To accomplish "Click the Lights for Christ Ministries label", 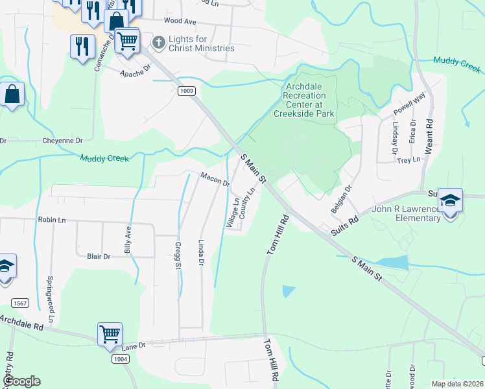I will tap(201, 43).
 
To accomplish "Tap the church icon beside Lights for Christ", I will tap(158, 43).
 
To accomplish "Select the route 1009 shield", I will tap(187, 91).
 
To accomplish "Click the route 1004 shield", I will tap(121, 359).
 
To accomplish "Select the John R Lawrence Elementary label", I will tap(406, 213).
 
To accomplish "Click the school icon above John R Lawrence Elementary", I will tap(451, 201).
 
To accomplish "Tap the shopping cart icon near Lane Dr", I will tap(110, 335).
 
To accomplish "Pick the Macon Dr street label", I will tap(215, 179).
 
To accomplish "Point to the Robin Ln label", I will tap(53, 220).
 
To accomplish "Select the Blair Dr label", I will tap(99, 257).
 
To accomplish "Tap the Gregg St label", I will tap(178, 255).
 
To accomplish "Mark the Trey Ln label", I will tap(408, 159).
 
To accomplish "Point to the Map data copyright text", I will tap(456, 384).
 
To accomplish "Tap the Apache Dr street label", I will tap(136, 73).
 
